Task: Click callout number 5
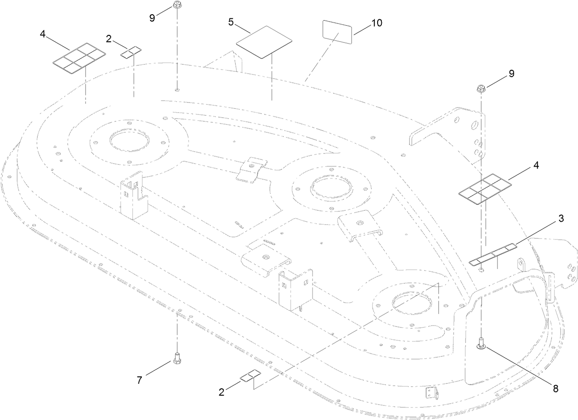[x=232, y=22]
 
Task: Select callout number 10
[x=376, y=23]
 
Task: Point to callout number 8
[x=555, y=388]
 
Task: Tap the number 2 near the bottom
[x=221, y=392]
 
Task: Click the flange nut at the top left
[x=176, y=6]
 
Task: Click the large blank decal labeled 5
[x=264, y=42]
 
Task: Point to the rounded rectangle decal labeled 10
[x=337, y=32]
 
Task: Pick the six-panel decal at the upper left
[x=78, y=58]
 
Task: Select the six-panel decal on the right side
[x=485, y=188]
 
